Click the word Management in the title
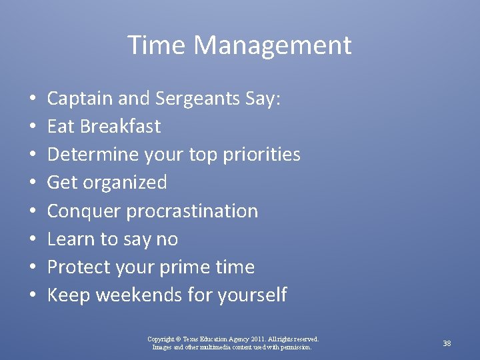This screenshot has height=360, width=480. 273,45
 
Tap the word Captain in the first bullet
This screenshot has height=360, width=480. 81,99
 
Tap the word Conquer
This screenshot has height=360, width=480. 84,211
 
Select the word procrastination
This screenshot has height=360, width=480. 192,211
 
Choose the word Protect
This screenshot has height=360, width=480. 80,267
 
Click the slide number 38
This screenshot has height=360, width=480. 447,343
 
